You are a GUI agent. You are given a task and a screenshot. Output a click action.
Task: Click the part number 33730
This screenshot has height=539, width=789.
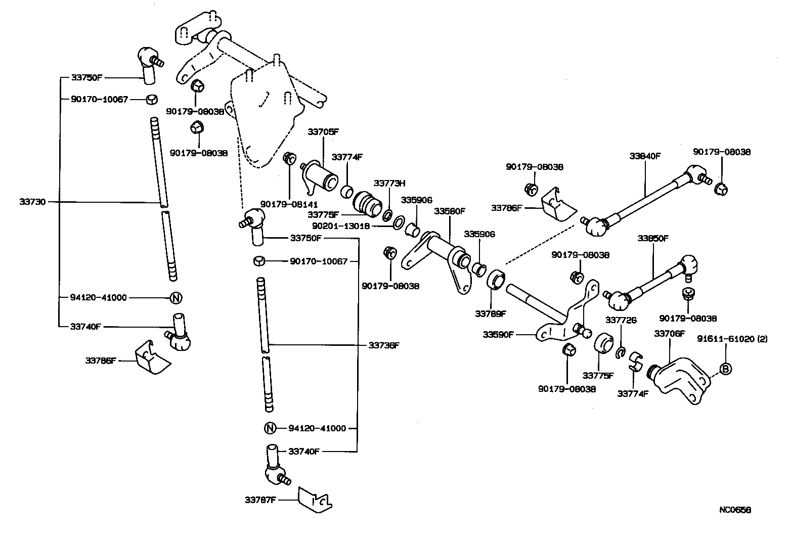[x=32, y=202]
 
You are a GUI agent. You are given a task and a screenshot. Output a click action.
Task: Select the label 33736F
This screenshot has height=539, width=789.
[x=384, y=345]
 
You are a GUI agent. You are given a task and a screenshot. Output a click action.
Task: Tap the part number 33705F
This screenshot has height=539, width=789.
[x=323, y=132]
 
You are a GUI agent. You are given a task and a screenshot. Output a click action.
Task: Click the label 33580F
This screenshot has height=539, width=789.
[x=449, y=211]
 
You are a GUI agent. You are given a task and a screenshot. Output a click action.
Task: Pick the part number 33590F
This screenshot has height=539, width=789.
[x=498, y=334]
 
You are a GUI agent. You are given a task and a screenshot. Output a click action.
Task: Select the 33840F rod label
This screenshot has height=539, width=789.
[x=645, y=156]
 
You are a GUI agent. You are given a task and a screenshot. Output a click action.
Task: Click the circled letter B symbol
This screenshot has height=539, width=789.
[x=725, y=369]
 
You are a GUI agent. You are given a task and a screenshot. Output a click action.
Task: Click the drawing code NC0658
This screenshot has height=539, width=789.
[x=735, y=510]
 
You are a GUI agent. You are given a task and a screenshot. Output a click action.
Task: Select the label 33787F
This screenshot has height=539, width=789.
[x=260, y=500]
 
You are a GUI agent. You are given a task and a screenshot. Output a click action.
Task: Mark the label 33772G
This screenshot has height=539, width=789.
[x=621, y=320]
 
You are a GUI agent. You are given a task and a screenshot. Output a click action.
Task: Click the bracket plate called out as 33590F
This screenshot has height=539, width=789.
[x=566, y=324]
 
